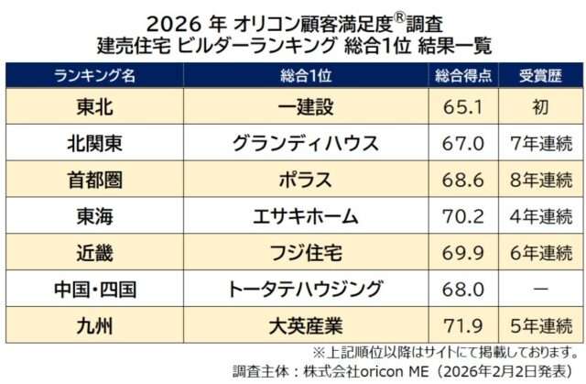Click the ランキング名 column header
pyautogui.click(x=95, y=75)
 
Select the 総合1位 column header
pyautogui.click(x=304, y=75)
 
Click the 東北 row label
pyautogui.click(x=95, y=106)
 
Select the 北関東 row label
pyautogui.click(x=95, y=143)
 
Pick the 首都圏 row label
pyautogui.click(x=95, y=180)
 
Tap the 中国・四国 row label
pyautogui.click(x=95, y=290)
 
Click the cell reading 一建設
pyautogui.click(x=304, y=106)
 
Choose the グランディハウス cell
pyautogui.click(x=304, y=143)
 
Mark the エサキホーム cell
pyautogui.click(x=304, y=216)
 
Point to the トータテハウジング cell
pyautogui.click(x=304, y=290)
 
